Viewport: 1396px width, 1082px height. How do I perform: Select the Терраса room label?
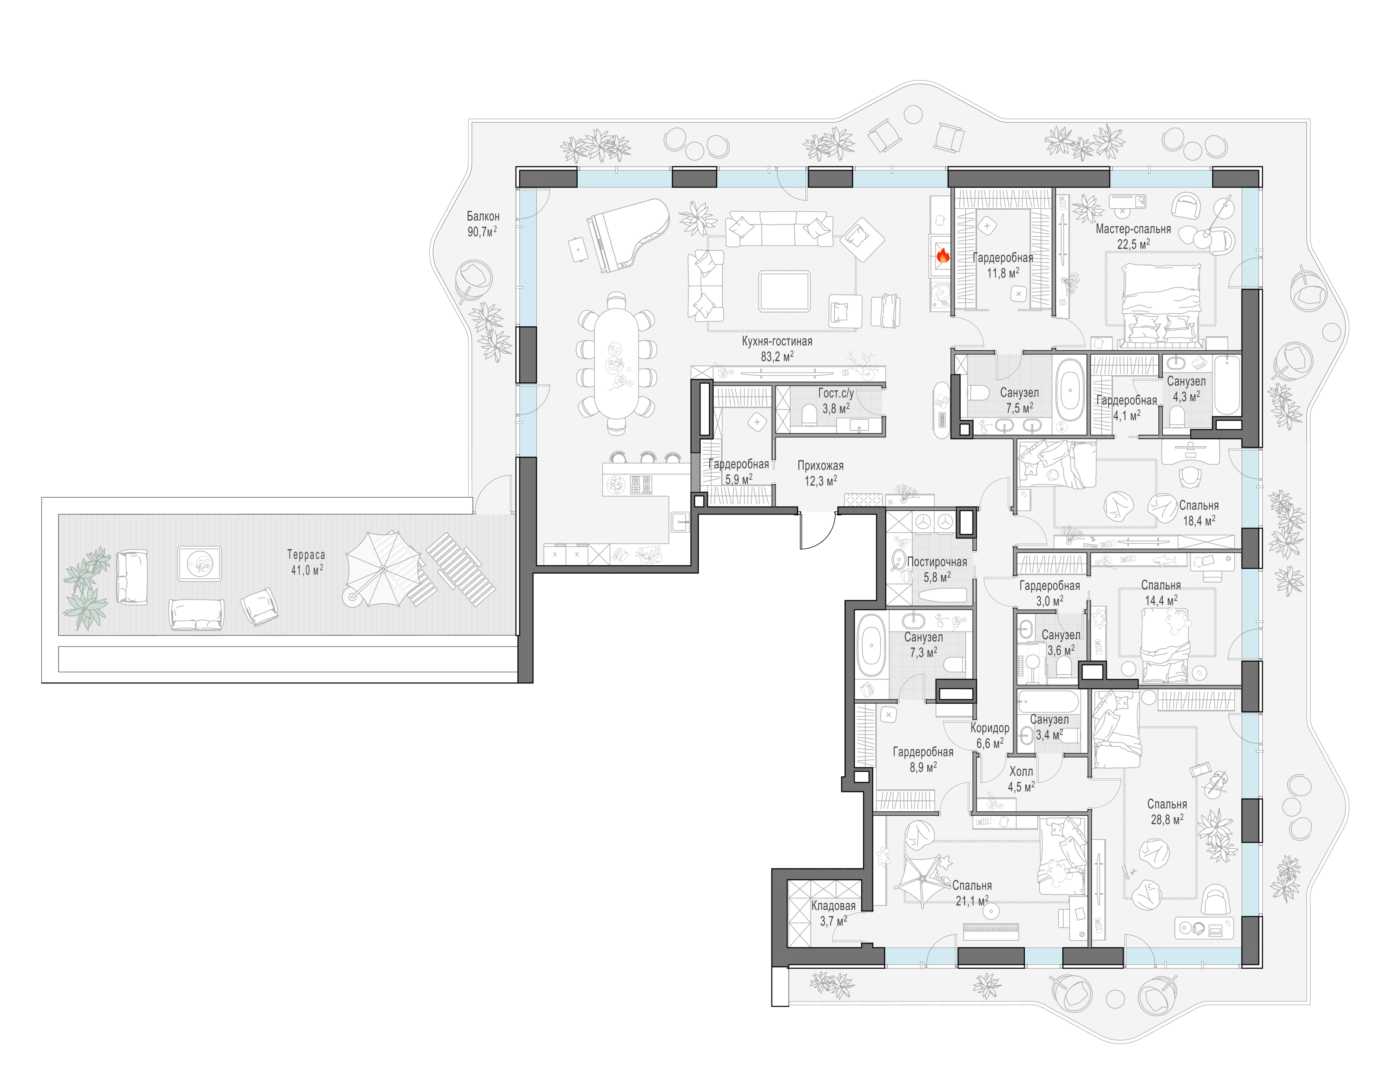click(306, 554)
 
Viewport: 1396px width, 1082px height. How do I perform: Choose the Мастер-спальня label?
click(1133, 228)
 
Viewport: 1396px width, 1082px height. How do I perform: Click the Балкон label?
click(482, 216)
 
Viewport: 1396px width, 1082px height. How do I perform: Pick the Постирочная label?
click(937, 562)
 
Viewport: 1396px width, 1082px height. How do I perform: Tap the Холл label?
click(1021, 771)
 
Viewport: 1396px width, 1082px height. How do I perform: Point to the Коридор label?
click(990, 728)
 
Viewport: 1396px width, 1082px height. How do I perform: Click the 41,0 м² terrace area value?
click(307, 569)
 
